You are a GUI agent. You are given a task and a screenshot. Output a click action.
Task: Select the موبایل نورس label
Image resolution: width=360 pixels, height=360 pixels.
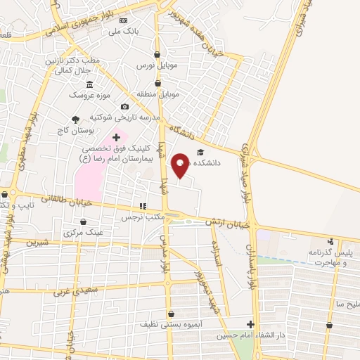[154, 65]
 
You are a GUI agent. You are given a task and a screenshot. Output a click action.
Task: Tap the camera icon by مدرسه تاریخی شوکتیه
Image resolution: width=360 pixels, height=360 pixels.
[124, 107]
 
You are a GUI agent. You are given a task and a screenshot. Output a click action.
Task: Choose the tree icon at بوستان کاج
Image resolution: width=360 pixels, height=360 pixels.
[75, 120]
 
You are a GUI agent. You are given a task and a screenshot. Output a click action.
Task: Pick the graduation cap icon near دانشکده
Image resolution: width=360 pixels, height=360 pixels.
[200, 153]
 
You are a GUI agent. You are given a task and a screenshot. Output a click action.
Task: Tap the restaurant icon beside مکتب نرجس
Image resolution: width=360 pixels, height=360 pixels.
[143, 207]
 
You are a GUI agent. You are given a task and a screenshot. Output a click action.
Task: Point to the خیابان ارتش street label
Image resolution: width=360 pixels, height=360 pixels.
[228, 223]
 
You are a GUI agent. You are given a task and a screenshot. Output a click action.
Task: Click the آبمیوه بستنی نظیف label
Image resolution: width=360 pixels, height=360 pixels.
[171, 324]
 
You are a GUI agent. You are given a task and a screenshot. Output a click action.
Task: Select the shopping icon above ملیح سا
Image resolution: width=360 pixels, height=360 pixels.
[330, 325]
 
